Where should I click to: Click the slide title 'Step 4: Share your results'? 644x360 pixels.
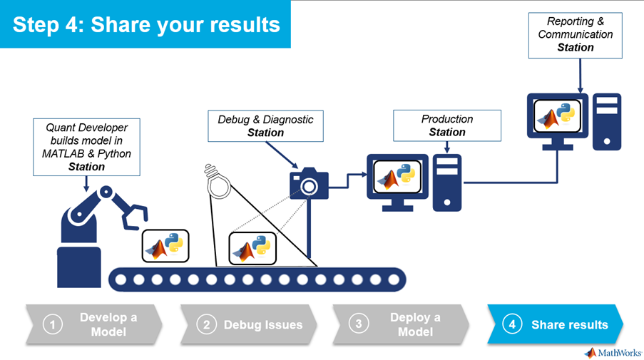146,24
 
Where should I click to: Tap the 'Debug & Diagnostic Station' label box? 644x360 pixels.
265,126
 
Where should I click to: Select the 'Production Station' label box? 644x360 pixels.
447,125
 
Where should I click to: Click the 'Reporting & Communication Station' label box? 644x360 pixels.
576,34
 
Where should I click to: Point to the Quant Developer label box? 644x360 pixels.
86,147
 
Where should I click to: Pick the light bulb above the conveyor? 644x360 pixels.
219,182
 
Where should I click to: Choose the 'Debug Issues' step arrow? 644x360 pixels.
250,325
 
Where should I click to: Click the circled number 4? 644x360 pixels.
511,325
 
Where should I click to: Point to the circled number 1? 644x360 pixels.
52,325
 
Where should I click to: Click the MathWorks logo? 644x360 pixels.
611,352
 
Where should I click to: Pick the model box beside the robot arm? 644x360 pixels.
165,246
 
